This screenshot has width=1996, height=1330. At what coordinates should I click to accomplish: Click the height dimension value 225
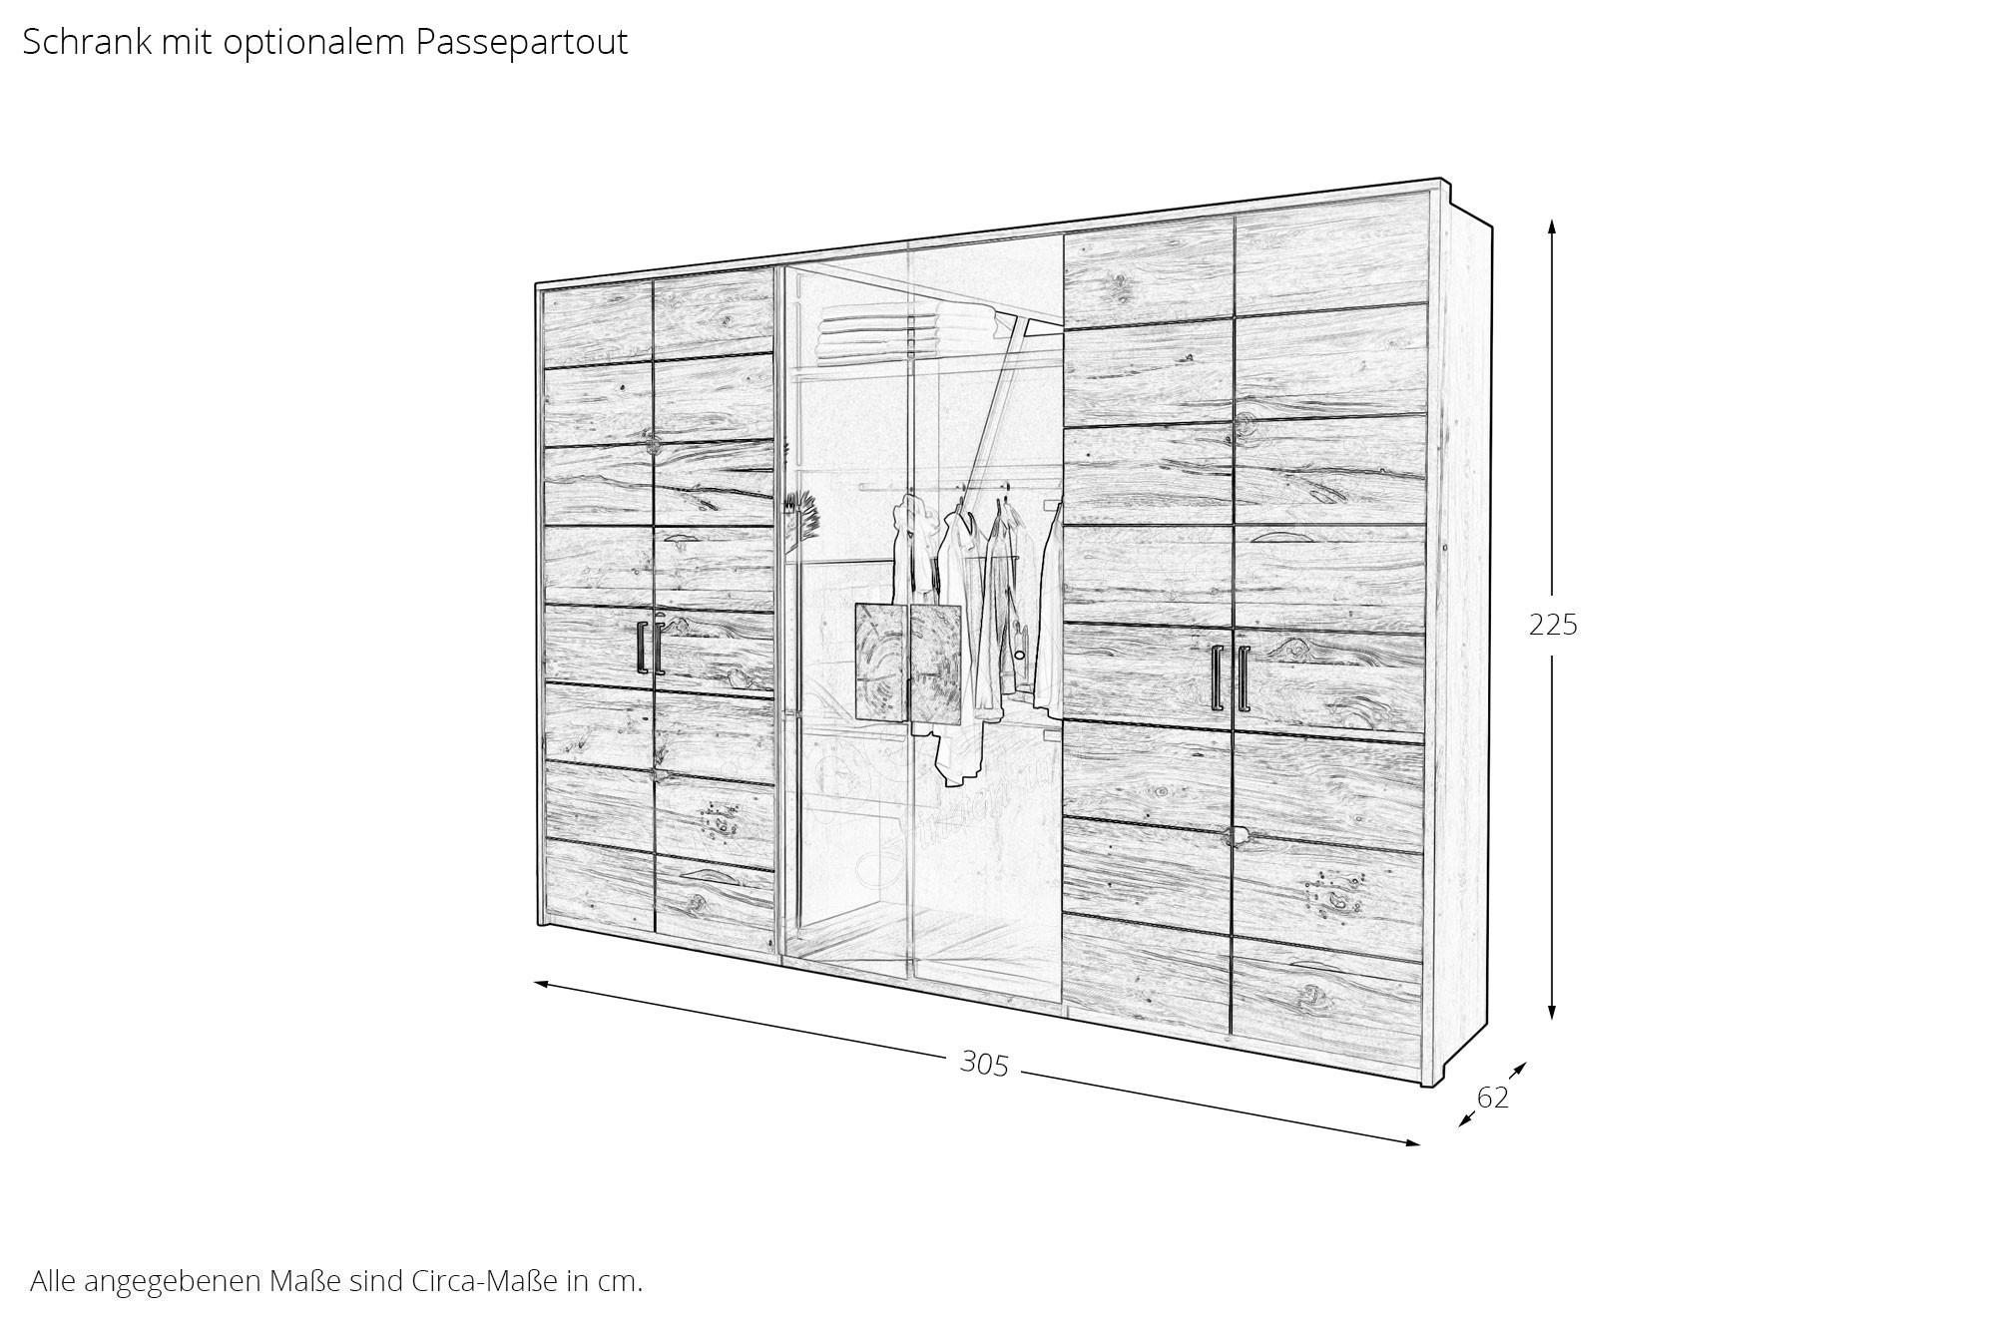pos(1553,625)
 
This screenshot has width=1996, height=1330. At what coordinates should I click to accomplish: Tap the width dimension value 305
pos(984,1065)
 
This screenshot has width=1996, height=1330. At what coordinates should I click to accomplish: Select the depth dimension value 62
pos(1492,1098)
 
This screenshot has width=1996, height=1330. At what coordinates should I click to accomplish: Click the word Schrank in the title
pos(87,42)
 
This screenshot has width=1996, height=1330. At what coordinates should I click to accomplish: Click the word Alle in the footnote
pos(52,1280)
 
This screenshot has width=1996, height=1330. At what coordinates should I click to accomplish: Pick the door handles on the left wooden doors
pos(650,648)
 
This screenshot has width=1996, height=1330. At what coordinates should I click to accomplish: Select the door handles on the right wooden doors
pos(1230,677)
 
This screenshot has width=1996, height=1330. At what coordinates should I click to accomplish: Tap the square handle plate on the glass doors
pos(908,663)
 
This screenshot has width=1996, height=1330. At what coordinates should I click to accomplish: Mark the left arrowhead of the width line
pos(543,984)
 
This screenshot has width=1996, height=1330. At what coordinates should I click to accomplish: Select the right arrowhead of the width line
pos(1411,1143)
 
